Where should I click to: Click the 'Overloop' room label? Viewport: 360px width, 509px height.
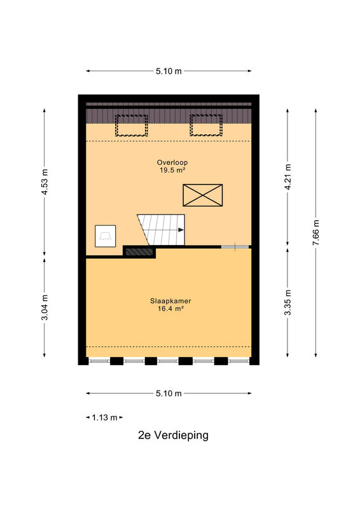pos(172,162)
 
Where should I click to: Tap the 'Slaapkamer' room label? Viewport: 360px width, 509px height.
pos(170,301)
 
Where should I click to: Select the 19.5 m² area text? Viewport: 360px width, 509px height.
pos(172,170)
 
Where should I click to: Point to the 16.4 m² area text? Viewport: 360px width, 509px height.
pos(170,309)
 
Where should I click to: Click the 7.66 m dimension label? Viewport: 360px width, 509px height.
pos(316,232)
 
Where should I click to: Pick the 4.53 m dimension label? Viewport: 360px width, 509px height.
pos(45,182)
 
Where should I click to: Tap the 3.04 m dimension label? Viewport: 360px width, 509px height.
pos(45,307)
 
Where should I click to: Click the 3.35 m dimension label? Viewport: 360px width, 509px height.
pos(287,302)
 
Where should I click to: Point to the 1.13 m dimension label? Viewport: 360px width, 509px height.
pos(104,417)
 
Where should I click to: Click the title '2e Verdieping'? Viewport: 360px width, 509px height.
pos(174,435)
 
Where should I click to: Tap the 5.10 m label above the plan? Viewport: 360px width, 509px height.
pos(169,71)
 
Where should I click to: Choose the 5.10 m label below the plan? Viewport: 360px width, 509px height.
pos(169,393)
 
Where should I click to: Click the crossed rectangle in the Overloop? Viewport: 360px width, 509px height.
pos(202,195)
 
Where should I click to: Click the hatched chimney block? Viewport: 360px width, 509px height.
pos(139,251)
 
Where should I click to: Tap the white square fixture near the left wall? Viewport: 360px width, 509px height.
pos(105,236)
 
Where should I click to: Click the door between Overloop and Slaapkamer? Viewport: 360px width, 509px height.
pos(235,247)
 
